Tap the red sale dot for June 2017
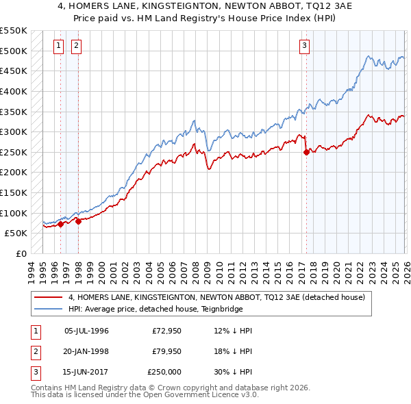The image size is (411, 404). click(306, 152)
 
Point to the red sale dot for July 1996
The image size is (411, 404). click(61, 224)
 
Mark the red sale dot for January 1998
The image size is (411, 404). click(79, 221)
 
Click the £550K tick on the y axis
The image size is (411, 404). click(13, 31)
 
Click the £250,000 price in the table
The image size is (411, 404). click(164, 372)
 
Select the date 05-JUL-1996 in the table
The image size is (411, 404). click(86, 331)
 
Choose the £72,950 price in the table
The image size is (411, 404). click(166, 331)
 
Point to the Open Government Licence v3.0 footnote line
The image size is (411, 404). click(145, 395)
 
